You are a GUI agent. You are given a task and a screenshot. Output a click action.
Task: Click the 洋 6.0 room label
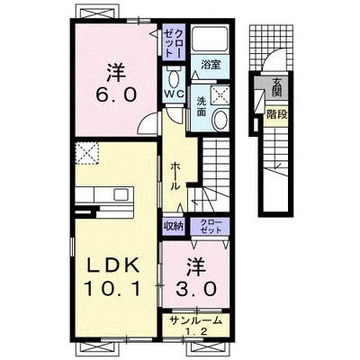116,82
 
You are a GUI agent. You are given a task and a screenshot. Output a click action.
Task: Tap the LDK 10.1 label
112,276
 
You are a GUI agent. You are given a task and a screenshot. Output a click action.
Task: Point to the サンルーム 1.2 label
196,325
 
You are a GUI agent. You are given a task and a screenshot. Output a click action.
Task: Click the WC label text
174,94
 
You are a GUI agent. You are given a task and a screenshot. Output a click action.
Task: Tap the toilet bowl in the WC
174,79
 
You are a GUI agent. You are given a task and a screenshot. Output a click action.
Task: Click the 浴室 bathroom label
211,65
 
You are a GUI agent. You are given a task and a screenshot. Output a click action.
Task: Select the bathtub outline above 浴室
210,40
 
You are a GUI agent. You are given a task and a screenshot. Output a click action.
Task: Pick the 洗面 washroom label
202,106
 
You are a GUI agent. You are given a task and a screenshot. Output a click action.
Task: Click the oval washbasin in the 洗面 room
221,119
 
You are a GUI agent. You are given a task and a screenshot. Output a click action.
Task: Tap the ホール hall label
175,176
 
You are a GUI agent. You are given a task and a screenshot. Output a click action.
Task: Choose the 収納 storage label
174,227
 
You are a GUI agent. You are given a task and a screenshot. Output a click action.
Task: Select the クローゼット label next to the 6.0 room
174,43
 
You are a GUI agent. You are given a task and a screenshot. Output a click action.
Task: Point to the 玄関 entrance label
276,87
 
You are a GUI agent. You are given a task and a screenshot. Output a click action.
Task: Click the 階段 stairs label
277,114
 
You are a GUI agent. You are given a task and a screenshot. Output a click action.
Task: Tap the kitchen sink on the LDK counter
122,194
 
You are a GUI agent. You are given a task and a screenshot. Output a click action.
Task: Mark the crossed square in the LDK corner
87,153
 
